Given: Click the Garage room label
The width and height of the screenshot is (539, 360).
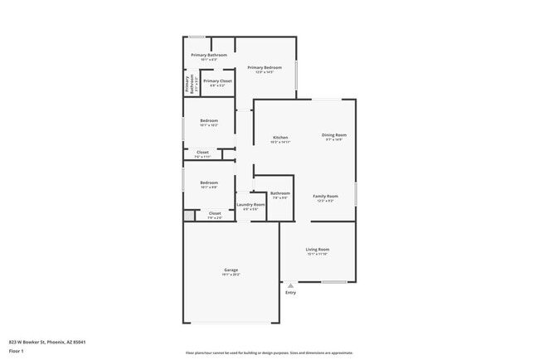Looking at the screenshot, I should [231, 270].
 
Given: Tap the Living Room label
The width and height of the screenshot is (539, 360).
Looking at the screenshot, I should [318, 250].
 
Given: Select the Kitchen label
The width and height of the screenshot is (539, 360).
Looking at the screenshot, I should [280, 137].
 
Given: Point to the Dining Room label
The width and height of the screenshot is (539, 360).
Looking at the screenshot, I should [334, 134].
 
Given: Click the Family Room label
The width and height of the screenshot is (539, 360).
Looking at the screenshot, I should [325, 197].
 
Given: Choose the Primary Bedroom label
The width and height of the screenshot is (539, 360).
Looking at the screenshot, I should [265, 67].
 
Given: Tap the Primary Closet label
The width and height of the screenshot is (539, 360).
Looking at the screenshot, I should [217, 81].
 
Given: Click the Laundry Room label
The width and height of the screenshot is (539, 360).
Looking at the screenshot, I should [250, 204].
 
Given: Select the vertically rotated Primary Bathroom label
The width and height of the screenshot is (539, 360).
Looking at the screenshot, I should [187, 83].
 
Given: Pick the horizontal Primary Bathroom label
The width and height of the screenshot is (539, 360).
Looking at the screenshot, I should [209, 56].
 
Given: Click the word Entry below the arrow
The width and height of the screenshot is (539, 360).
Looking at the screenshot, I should [290, 293].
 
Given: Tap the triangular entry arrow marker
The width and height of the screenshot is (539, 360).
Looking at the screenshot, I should [290, 285].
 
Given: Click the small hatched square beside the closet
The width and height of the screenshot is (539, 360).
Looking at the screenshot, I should [188, 215].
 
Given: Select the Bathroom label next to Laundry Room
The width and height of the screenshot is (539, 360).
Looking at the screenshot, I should [279, 193].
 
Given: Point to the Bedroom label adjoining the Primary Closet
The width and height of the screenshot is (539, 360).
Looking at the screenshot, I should [209, 121].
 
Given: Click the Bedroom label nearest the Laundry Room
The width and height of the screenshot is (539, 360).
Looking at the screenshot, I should [209, 182].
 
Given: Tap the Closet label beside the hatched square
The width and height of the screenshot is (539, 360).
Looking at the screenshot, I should [214, 214].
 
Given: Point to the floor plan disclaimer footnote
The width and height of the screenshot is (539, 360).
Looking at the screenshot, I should [269, 353].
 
